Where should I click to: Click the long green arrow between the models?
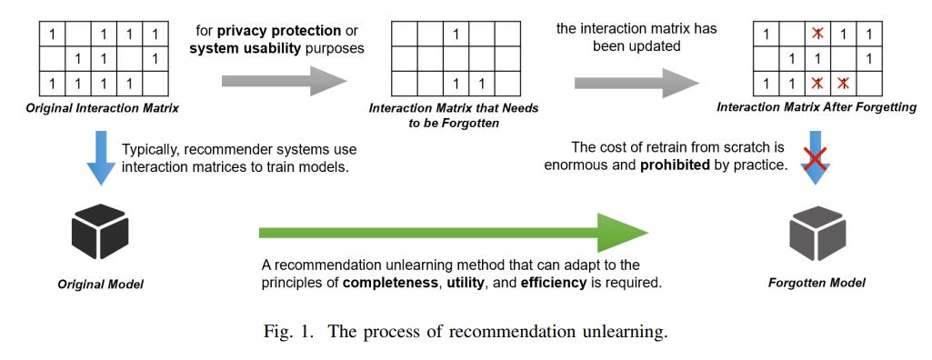pos(453,233)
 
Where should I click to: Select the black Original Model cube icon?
pos(100,234)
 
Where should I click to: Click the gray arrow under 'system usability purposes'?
pos(284,84)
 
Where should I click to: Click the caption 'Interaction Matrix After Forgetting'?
pos(817,107)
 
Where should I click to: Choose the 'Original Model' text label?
pos(100,284)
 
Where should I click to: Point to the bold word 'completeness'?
pos(387,283)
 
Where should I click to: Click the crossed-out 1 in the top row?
pos(817,35)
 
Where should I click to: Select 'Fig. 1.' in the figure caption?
pos(287,332)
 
